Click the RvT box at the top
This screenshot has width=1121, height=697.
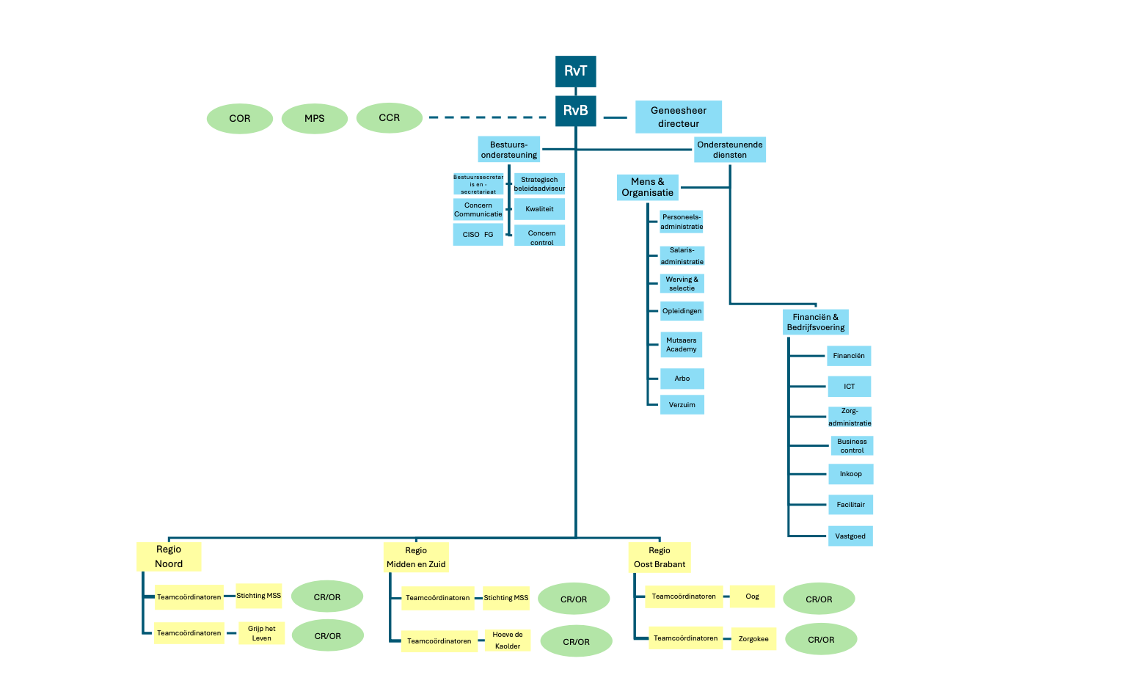tap(575, 71)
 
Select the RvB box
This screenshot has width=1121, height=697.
tap(575, 111)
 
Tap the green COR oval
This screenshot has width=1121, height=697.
tap(240, 118)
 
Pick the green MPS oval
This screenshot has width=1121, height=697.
tap(315, 118)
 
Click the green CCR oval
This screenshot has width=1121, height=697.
tap(390, 117)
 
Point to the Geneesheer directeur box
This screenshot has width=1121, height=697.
tap(679, 117)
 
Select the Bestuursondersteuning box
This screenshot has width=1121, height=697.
tap(509, 150)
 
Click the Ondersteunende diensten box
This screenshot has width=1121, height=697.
tap(730, 150)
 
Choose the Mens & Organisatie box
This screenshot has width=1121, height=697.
tap(648, 187)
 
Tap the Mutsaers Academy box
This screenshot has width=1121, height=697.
tap(682, 345)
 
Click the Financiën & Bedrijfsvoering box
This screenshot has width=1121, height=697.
tap(816, 322)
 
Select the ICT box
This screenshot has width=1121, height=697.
tap(850, 387)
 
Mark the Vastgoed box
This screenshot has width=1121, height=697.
tap(850, 536)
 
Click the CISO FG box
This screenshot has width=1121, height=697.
tap(478, 235)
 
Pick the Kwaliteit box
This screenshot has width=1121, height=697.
tap(540, 209)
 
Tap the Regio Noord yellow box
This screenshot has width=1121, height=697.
tap(169, 557)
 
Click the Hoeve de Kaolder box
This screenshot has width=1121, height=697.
tap(508, 641)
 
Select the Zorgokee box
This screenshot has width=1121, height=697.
tap(753, 639)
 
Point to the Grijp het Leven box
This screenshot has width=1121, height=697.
tap(262, 633)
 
